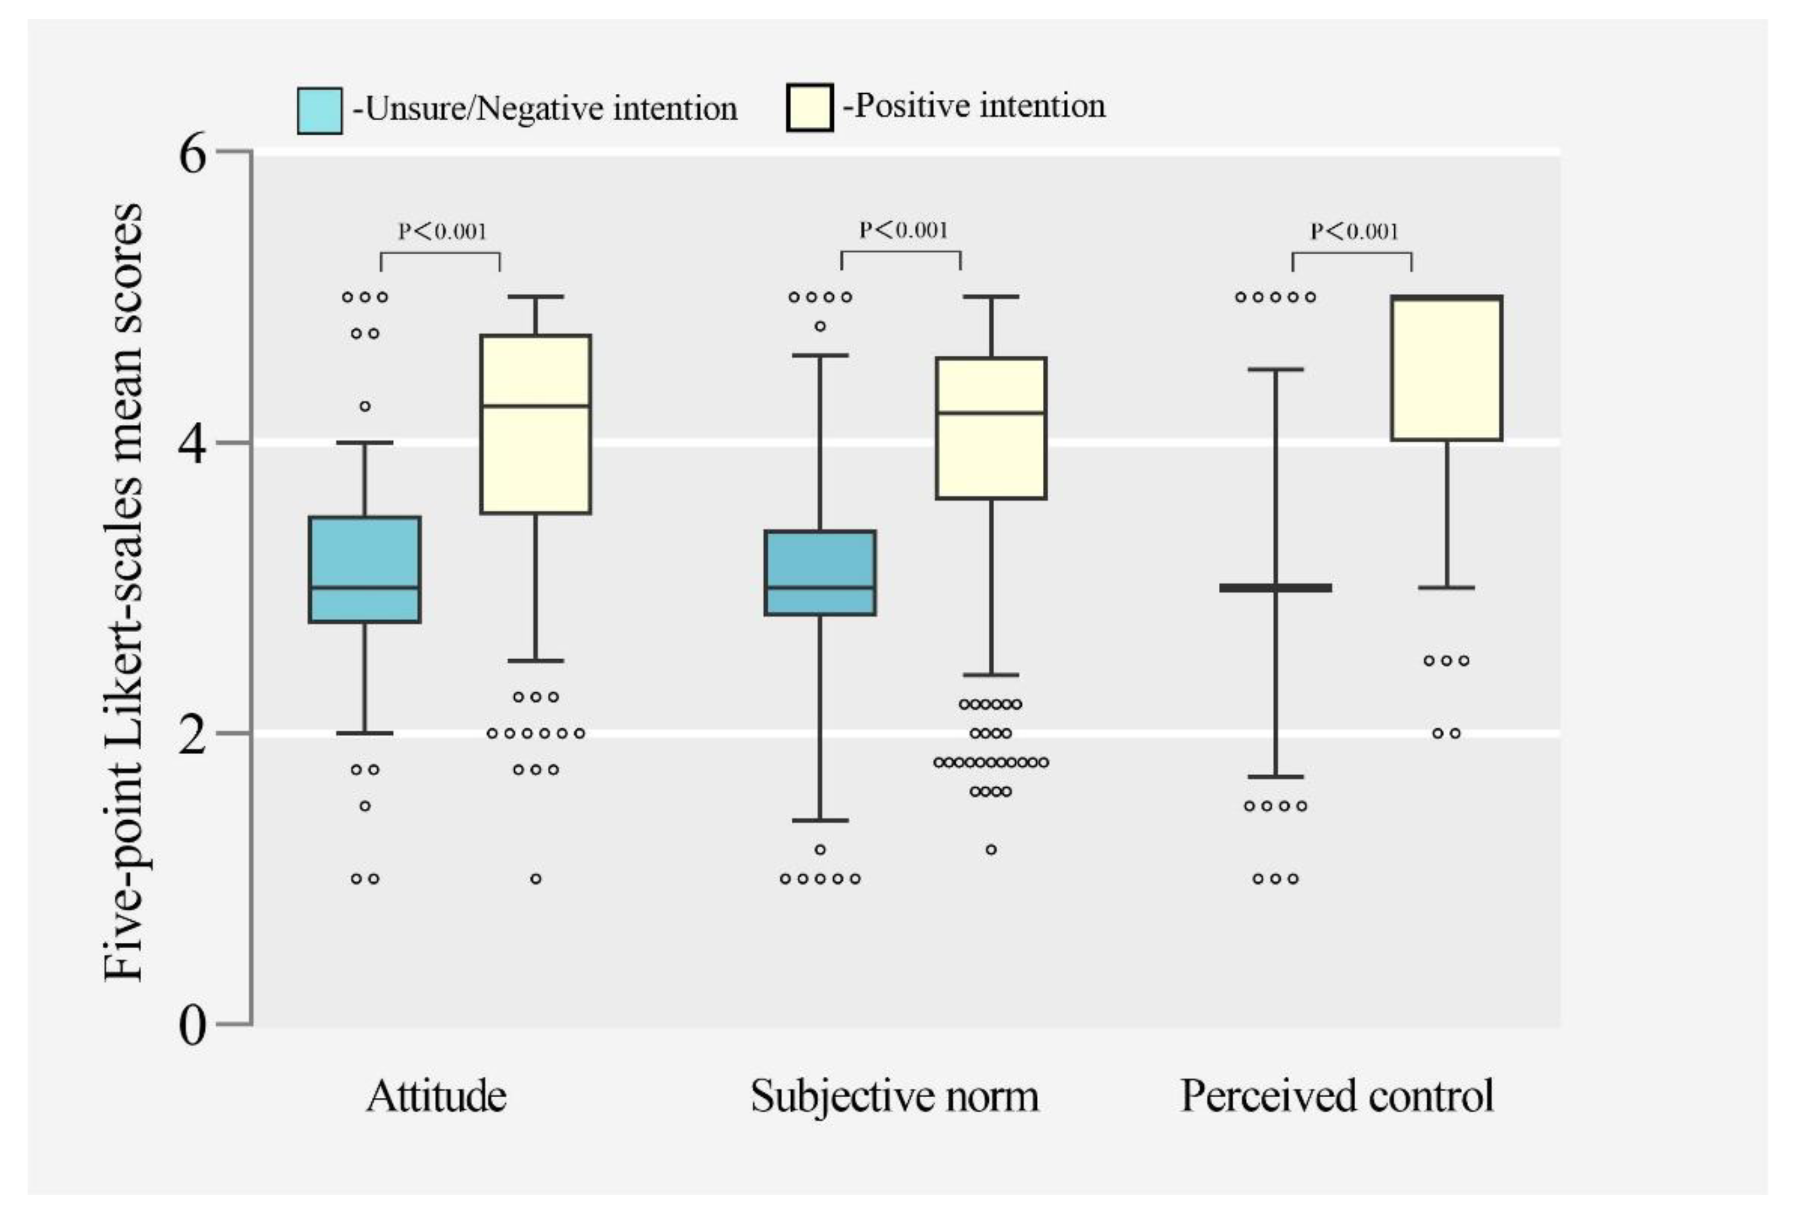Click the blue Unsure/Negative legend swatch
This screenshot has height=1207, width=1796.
[319, 111]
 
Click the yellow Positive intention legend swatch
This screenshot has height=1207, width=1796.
[809, 108]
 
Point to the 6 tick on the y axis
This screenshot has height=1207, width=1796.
[193, 154]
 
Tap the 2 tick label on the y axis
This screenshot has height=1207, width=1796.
[193, 735]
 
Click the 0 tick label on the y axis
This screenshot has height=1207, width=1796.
[193, 1026]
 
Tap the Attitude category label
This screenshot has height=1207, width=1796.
[436, 1096]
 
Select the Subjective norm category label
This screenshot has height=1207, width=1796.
[894, 1096]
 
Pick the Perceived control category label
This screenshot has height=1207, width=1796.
[1337, 1096]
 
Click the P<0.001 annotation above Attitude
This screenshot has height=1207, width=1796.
[442, 231]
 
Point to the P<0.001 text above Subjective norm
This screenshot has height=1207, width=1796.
[903, 230]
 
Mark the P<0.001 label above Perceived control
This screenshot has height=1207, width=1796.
[1354, 231]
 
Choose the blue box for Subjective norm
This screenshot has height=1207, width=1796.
[820, 573]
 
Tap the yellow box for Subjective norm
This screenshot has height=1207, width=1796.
[992, 428]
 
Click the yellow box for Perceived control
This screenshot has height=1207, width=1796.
[1447, 368]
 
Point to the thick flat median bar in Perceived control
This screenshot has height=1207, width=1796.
[1276, 588]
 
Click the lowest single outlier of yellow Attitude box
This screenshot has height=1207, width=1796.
[536, 878]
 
